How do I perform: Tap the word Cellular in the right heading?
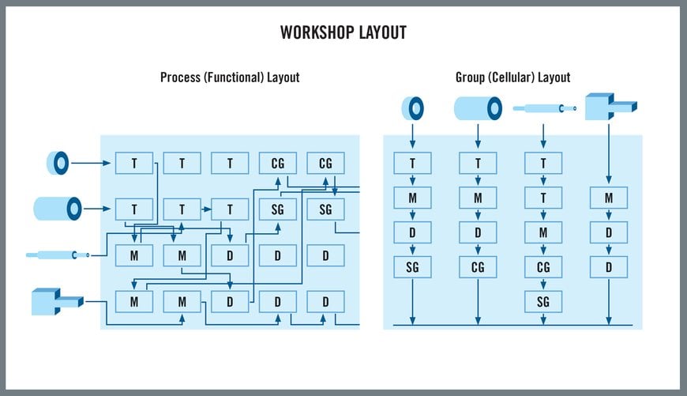(x=516, y=77)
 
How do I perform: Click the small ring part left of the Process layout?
(x=58, y=164)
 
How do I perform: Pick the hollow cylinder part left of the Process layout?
(x=58, y=209)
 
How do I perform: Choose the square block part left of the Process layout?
(x=55, y=301)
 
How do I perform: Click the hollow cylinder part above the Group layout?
(x=478, y=107)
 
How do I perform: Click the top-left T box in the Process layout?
(x=134, y=164)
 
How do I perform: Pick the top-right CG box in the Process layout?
(x=325, y=164)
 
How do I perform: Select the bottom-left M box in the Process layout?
(x=134, y=301)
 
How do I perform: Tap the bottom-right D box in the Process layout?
(x=325, y=301)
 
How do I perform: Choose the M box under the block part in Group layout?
(x=609, y=198)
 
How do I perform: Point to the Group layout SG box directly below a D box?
(x=412, y=267)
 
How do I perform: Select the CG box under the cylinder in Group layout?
(x=478, y=267)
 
